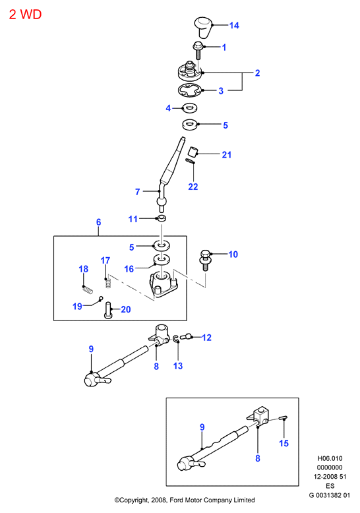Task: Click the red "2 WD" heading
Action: (25, 15)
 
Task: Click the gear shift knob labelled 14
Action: (203, 27)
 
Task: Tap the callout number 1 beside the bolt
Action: (224, 47)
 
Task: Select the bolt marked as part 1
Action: (198, 50)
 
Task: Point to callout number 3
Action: (221, 90)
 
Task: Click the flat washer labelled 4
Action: (189, 107)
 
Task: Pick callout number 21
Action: (226, 154)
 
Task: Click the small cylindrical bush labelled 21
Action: (193, 151)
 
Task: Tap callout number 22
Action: (193, 187)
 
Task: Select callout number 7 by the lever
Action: (137, 192)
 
